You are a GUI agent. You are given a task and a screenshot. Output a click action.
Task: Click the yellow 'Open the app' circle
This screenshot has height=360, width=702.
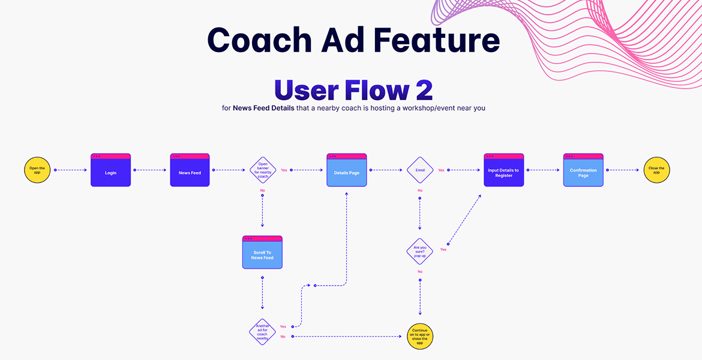(x=37, y=170)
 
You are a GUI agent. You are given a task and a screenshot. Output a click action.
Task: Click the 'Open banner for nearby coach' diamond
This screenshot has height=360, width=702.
(x=263, y=170)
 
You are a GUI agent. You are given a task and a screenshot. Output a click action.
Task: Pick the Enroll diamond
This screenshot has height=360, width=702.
(x=420, y=170)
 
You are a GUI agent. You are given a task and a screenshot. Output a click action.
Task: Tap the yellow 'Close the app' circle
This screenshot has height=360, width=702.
(x=656, y=170)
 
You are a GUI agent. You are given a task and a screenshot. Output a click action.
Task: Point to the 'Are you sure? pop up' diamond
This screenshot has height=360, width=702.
(x=420, y=251)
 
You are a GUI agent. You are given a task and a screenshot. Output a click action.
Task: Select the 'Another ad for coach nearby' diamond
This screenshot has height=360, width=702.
(x=262, y=332)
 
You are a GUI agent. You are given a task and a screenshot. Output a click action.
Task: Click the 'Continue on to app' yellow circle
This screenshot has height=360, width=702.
(x=420, y=336)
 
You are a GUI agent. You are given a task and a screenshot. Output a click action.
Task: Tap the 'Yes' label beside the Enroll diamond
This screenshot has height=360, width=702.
(x=441, y=170)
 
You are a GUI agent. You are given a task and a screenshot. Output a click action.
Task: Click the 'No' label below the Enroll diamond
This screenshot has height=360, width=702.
(x=420, y=190)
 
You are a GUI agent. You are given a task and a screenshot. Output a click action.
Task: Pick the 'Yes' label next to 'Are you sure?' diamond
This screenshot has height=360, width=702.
(x=443, y=249)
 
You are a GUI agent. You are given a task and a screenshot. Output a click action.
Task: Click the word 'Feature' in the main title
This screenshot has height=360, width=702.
(x=436, y=40)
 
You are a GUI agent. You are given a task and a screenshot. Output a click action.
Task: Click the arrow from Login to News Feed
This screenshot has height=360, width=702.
(x=151, y=170)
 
